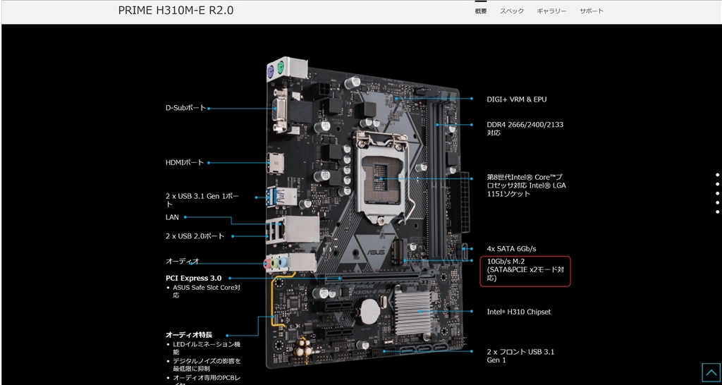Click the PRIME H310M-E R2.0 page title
[x=176, y=11]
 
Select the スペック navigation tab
[x=512, y=11]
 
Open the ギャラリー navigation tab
[x=551, y=11]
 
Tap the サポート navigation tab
[x=592, y=11]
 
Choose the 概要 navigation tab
[x=481, y=11]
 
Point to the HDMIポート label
[x=184, y=163]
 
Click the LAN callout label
[x=172, y=217]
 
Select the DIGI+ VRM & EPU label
[x=517, y=99]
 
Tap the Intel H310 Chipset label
[x=518, y=312]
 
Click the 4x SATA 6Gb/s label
[x=511, y=249]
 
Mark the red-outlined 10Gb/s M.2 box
[x=525, y=271]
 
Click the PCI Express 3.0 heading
[x=193, y=278]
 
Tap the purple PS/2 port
[x=271, y=73]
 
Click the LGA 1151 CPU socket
[x=381, y=177]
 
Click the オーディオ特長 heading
[x=189, y=335]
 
